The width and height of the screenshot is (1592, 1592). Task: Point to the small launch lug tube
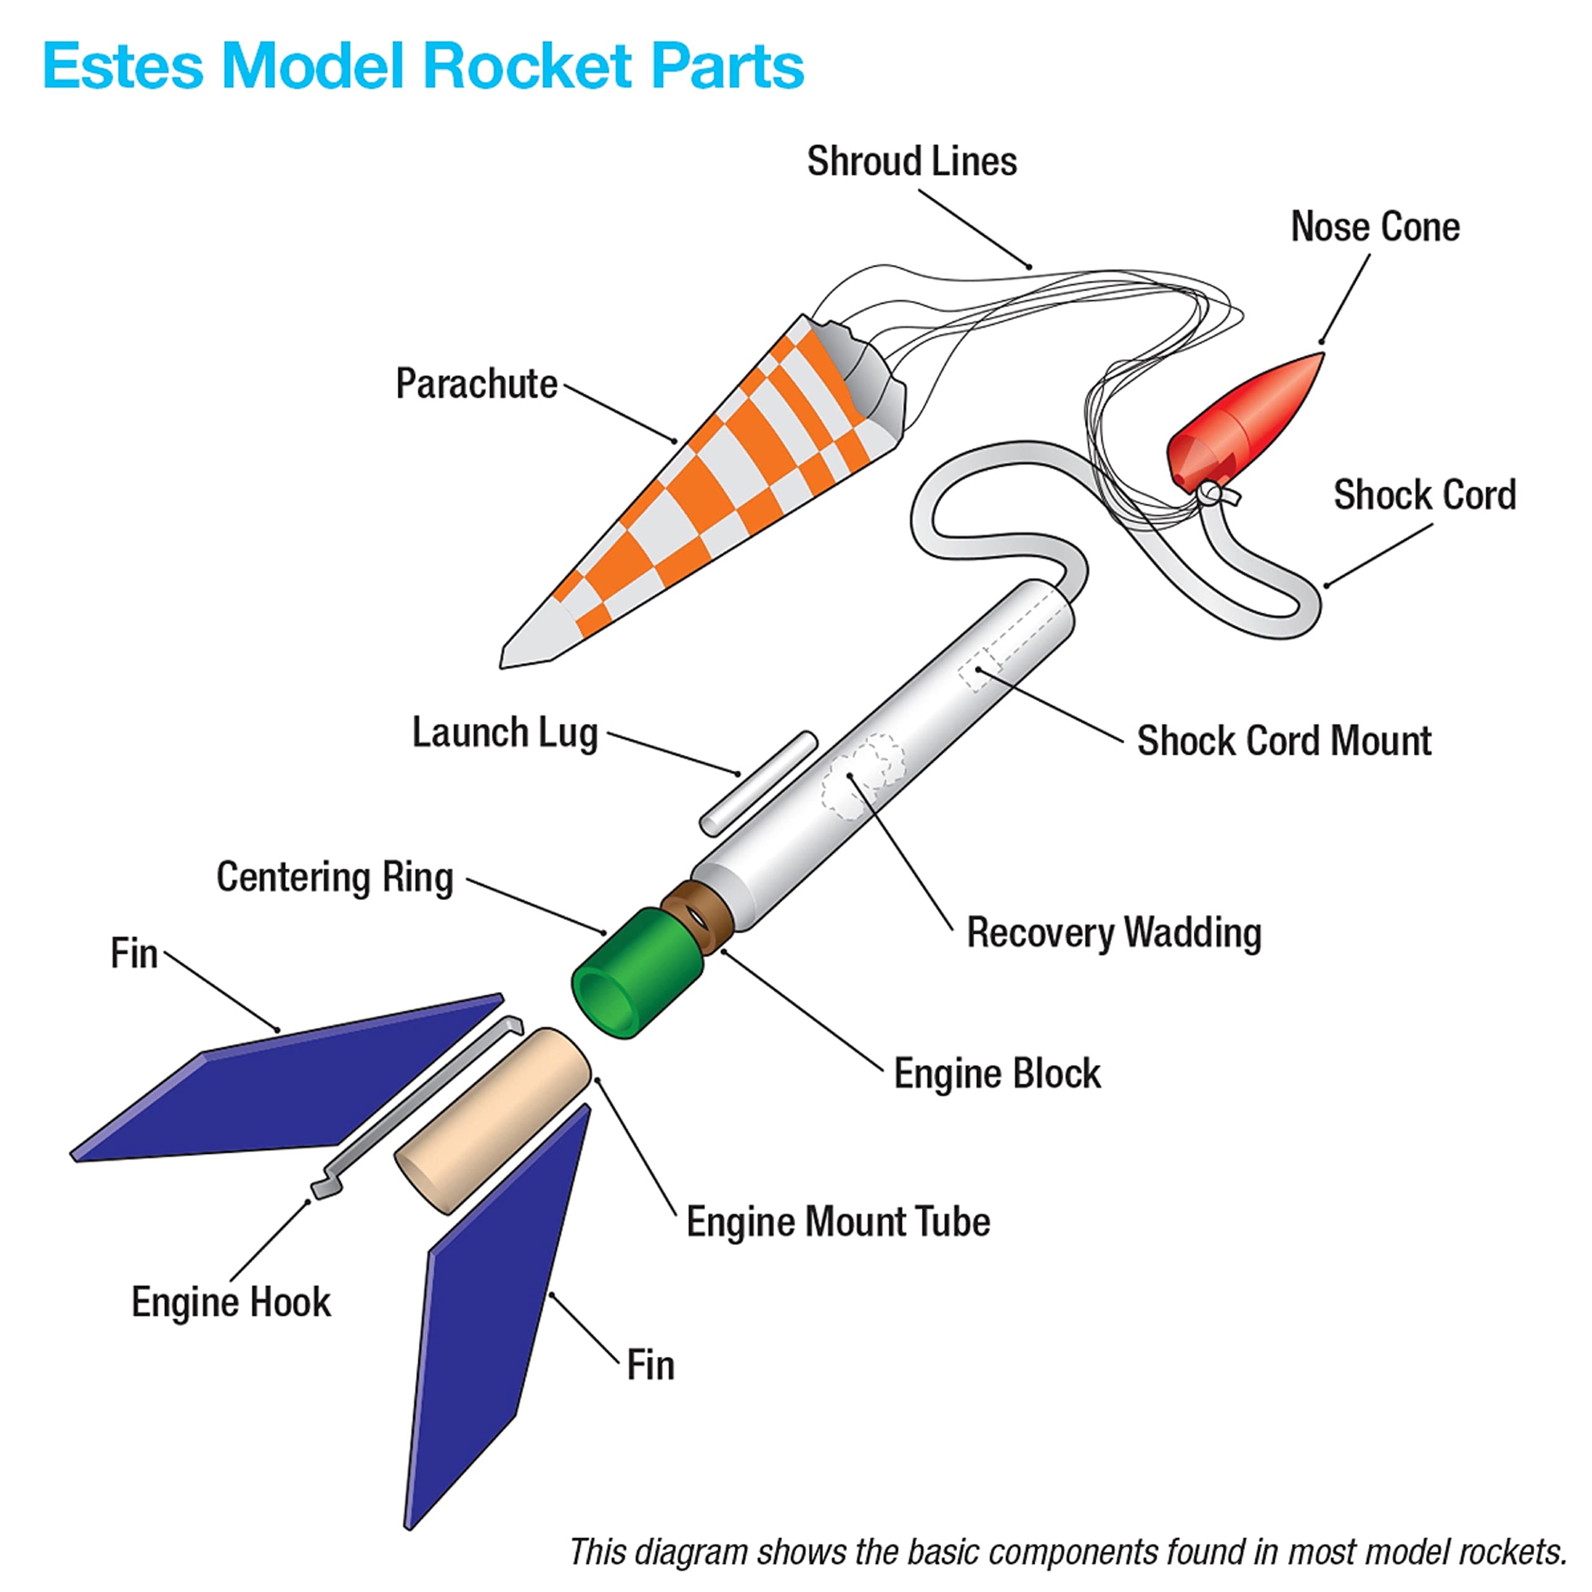(x=758, y=783)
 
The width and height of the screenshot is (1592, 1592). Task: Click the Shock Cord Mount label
(x=1284, y=740)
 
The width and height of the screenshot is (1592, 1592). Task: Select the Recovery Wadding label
(x=1113, y=933)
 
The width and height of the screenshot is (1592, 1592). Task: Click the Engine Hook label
(x=231, y=1303)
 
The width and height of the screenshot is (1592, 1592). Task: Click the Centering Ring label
(x=335, y=877)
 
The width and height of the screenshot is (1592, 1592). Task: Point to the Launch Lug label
(x=504, y=732)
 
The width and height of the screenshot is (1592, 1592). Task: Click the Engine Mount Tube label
(x=838, y=1221)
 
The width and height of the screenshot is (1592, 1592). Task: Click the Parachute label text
(x=476, y=384)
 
